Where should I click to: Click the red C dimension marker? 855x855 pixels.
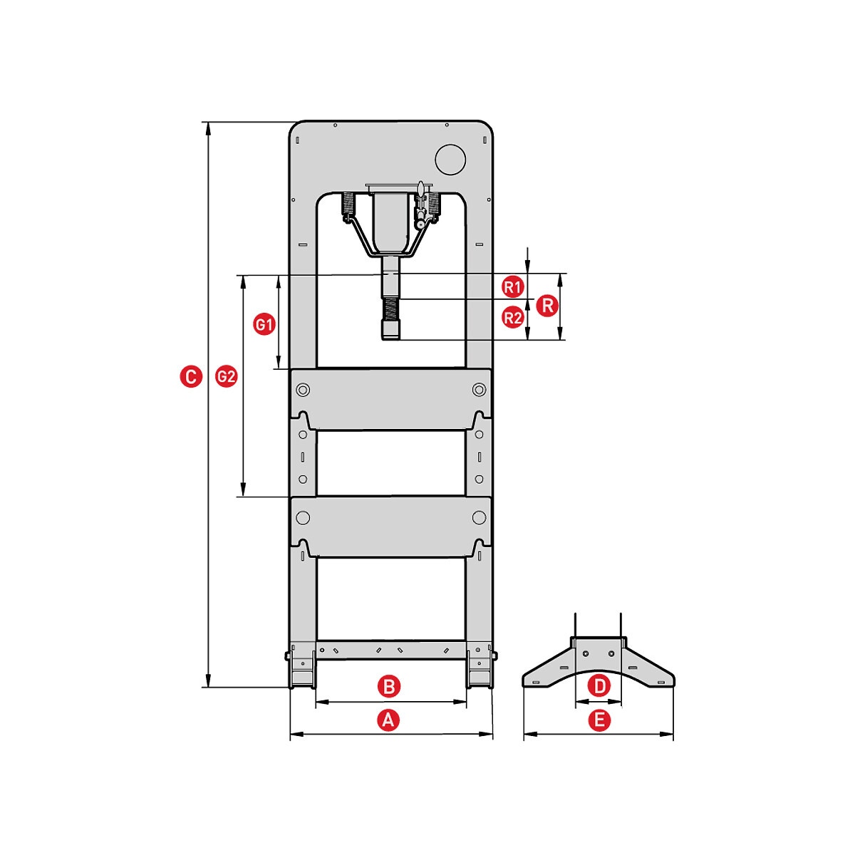[x=191, y=377]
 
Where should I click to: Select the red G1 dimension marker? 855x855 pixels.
[x=264, y=324]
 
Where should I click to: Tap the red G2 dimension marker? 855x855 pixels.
[x=227, y=377]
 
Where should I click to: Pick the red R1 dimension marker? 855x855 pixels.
[x=512, y=287]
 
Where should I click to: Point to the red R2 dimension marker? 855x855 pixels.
[x=512, y=318]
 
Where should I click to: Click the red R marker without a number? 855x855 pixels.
[x=547, y=306]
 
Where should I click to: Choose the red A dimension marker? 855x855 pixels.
[x=388, y=720]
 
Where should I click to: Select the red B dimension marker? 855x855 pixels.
[x=389, y=686]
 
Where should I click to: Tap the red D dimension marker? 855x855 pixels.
[x=599, y=686]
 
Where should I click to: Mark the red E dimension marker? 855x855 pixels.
[x=599, y=720]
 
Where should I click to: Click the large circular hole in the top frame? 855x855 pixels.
[x=450, y=160]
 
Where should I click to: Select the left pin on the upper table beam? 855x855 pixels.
[x=303, y=390]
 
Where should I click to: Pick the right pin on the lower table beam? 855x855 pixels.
[x=479, y=517]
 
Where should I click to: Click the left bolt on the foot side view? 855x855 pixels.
[x=586, y=654]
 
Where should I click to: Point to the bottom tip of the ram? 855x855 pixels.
[x=391, y=339]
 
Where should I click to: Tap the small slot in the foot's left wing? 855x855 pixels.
[x=564, y=668]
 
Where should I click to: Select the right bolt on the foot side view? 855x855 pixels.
[x=612, y=654]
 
